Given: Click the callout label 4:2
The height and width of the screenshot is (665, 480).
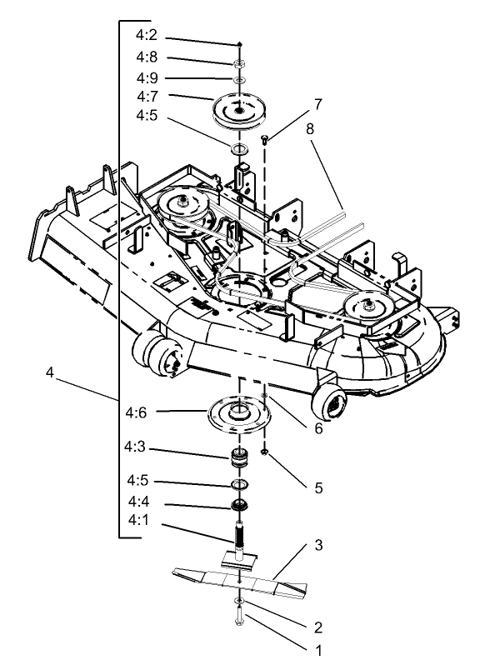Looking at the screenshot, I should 146,37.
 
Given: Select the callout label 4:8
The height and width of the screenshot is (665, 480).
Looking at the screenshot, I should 146,57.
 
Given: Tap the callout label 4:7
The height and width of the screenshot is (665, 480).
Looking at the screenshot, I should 146,96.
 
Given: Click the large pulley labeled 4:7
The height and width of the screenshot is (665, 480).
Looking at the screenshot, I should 238,111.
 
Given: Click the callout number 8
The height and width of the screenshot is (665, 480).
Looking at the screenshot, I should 312,129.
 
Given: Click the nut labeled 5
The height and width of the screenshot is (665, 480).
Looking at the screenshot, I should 263,452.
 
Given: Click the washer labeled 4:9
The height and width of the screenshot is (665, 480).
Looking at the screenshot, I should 238,78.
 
